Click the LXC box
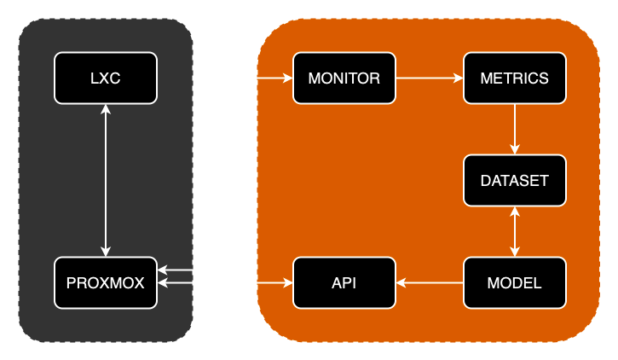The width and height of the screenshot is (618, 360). tap(106, 78)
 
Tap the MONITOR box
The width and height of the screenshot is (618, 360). tap(344, 78)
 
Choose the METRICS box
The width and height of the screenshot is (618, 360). tap(514, 78)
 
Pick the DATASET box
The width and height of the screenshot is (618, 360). tap(514, 180)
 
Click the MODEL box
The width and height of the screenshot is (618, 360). tap(514, 282)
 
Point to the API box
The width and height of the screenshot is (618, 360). tap(344, 282)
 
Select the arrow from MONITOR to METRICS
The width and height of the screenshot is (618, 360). tap(429, 78)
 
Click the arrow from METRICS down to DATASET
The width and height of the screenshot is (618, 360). tap(514, 128)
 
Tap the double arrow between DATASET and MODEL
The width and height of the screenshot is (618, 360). tap(514, 231)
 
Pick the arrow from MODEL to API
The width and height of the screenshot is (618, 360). tap(429, 282)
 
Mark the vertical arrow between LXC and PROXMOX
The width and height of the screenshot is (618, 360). tap(106, 180)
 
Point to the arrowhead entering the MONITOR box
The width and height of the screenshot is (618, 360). tap(287, 78)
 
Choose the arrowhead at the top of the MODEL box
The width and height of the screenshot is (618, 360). tap(514, 251)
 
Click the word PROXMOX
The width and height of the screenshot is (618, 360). tap(106, 283)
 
